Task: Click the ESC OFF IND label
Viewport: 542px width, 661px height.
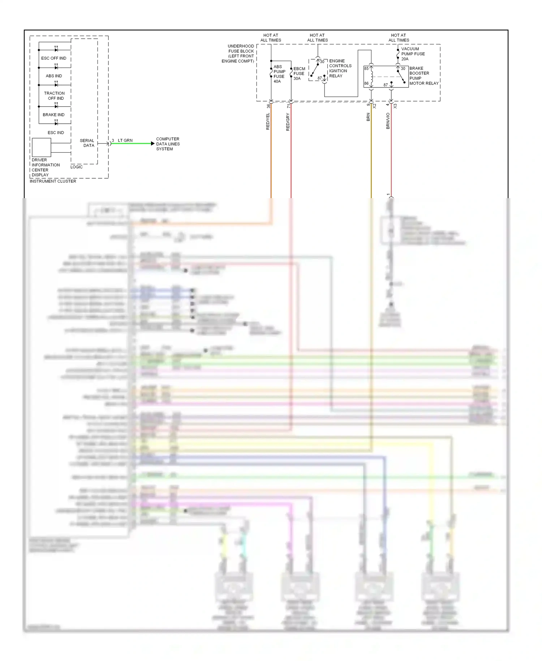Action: point(53,58)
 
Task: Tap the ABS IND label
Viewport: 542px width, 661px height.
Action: point(54,76)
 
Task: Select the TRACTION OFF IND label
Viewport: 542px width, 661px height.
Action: point(54,96)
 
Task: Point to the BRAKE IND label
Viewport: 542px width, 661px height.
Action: point(53,115)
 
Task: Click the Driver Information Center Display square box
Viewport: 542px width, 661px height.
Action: point(41,147)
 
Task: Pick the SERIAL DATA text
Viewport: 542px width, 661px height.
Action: point(87,143)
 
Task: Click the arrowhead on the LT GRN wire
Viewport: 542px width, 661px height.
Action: point(152,144)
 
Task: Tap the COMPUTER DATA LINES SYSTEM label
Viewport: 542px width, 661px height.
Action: point(168,144)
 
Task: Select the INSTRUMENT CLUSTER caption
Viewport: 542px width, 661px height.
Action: point(53,181)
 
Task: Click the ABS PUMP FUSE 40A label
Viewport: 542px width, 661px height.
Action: point(279,74)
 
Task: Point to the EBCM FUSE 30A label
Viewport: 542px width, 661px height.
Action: point(299,73)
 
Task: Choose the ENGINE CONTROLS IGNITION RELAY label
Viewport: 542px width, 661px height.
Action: point(340,68)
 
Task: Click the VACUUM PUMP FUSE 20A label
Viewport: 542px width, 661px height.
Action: point(413,54)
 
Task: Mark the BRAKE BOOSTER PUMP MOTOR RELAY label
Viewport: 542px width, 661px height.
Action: point(423,76)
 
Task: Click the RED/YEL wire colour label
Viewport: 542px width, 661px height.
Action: point(268,121)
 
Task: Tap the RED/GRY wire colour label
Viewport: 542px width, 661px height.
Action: point(288,122)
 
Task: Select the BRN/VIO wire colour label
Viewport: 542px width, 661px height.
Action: point(388,121)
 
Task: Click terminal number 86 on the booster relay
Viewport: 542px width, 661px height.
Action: point(366,84)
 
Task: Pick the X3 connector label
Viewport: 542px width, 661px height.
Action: point(395,106)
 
